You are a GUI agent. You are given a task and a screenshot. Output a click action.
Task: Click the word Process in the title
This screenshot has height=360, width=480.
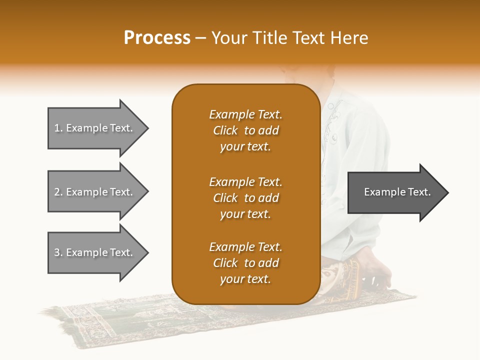pyautogui.click(x=157, y=38)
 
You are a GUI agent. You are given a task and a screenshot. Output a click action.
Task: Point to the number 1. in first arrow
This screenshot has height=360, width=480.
pyautogui.click(x=58, y=128)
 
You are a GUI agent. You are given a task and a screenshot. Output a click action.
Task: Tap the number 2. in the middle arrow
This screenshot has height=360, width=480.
pyautogui.click(x=58, y=192)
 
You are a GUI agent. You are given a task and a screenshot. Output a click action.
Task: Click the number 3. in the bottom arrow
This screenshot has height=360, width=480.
pyautogui.click(x=58, y=252)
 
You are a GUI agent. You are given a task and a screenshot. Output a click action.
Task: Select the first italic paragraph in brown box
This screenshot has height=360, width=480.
pyautogui.click(x=245, y=130)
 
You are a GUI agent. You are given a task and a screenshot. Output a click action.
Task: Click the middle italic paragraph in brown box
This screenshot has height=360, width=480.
pyautogui.click(x=245, y=198)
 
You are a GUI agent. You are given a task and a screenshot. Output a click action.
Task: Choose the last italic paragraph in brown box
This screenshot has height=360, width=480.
pyautogui.click(x=245, y=263)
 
